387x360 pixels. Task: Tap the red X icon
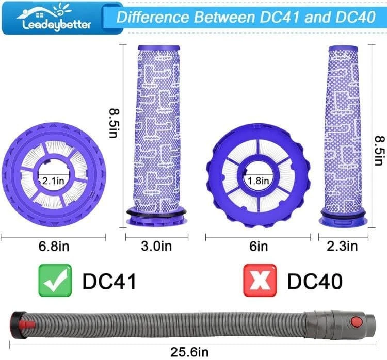[x=259, y=280]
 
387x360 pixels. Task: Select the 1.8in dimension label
[x=259, y=181]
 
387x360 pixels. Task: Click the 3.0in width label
[x=157, y=246]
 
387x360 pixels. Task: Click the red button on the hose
[x=356, y=322]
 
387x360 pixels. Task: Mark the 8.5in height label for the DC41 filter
[x=115, y=122]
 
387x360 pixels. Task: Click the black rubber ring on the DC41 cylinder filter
[x=157, y=212]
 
